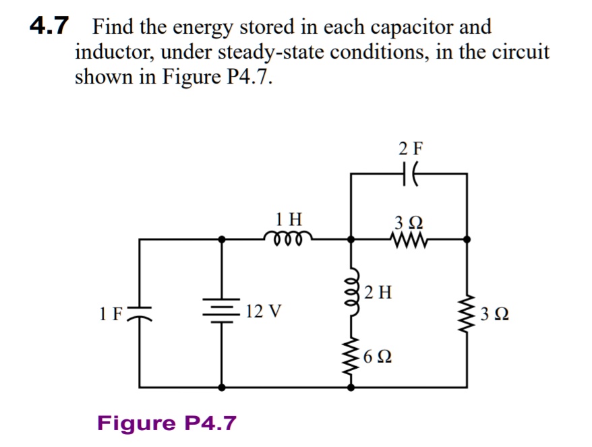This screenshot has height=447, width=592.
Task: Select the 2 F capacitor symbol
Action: pyautogui.click(x=409, y=173)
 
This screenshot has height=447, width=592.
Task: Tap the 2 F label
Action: pyautogui.click(x=409, y=148)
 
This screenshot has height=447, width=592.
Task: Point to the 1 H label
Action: pyautogui.click(x=289, y=218)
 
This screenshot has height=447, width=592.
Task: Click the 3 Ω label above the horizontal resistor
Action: pyautogui.click(x=408, y=221)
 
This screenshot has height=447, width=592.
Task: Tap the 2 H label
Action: pyautogui.click(x=378, y=293)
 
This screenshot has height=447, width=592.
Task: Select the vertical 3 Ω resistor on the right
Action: pyautogui.click(x=467, y=314)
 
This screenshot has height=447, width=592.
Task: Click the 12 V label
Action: pyautogui.click(x=264, y=311)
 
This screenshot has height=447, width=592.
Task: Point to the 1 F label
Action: pyautogui.click(x=111, y=312)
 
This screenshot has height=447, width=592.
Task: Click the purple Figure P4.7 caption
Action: pyautogui.click(x=167, y=423)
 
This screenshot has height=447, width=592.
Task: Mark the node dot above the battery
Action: pyautogui.click(x=222, y=239)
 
